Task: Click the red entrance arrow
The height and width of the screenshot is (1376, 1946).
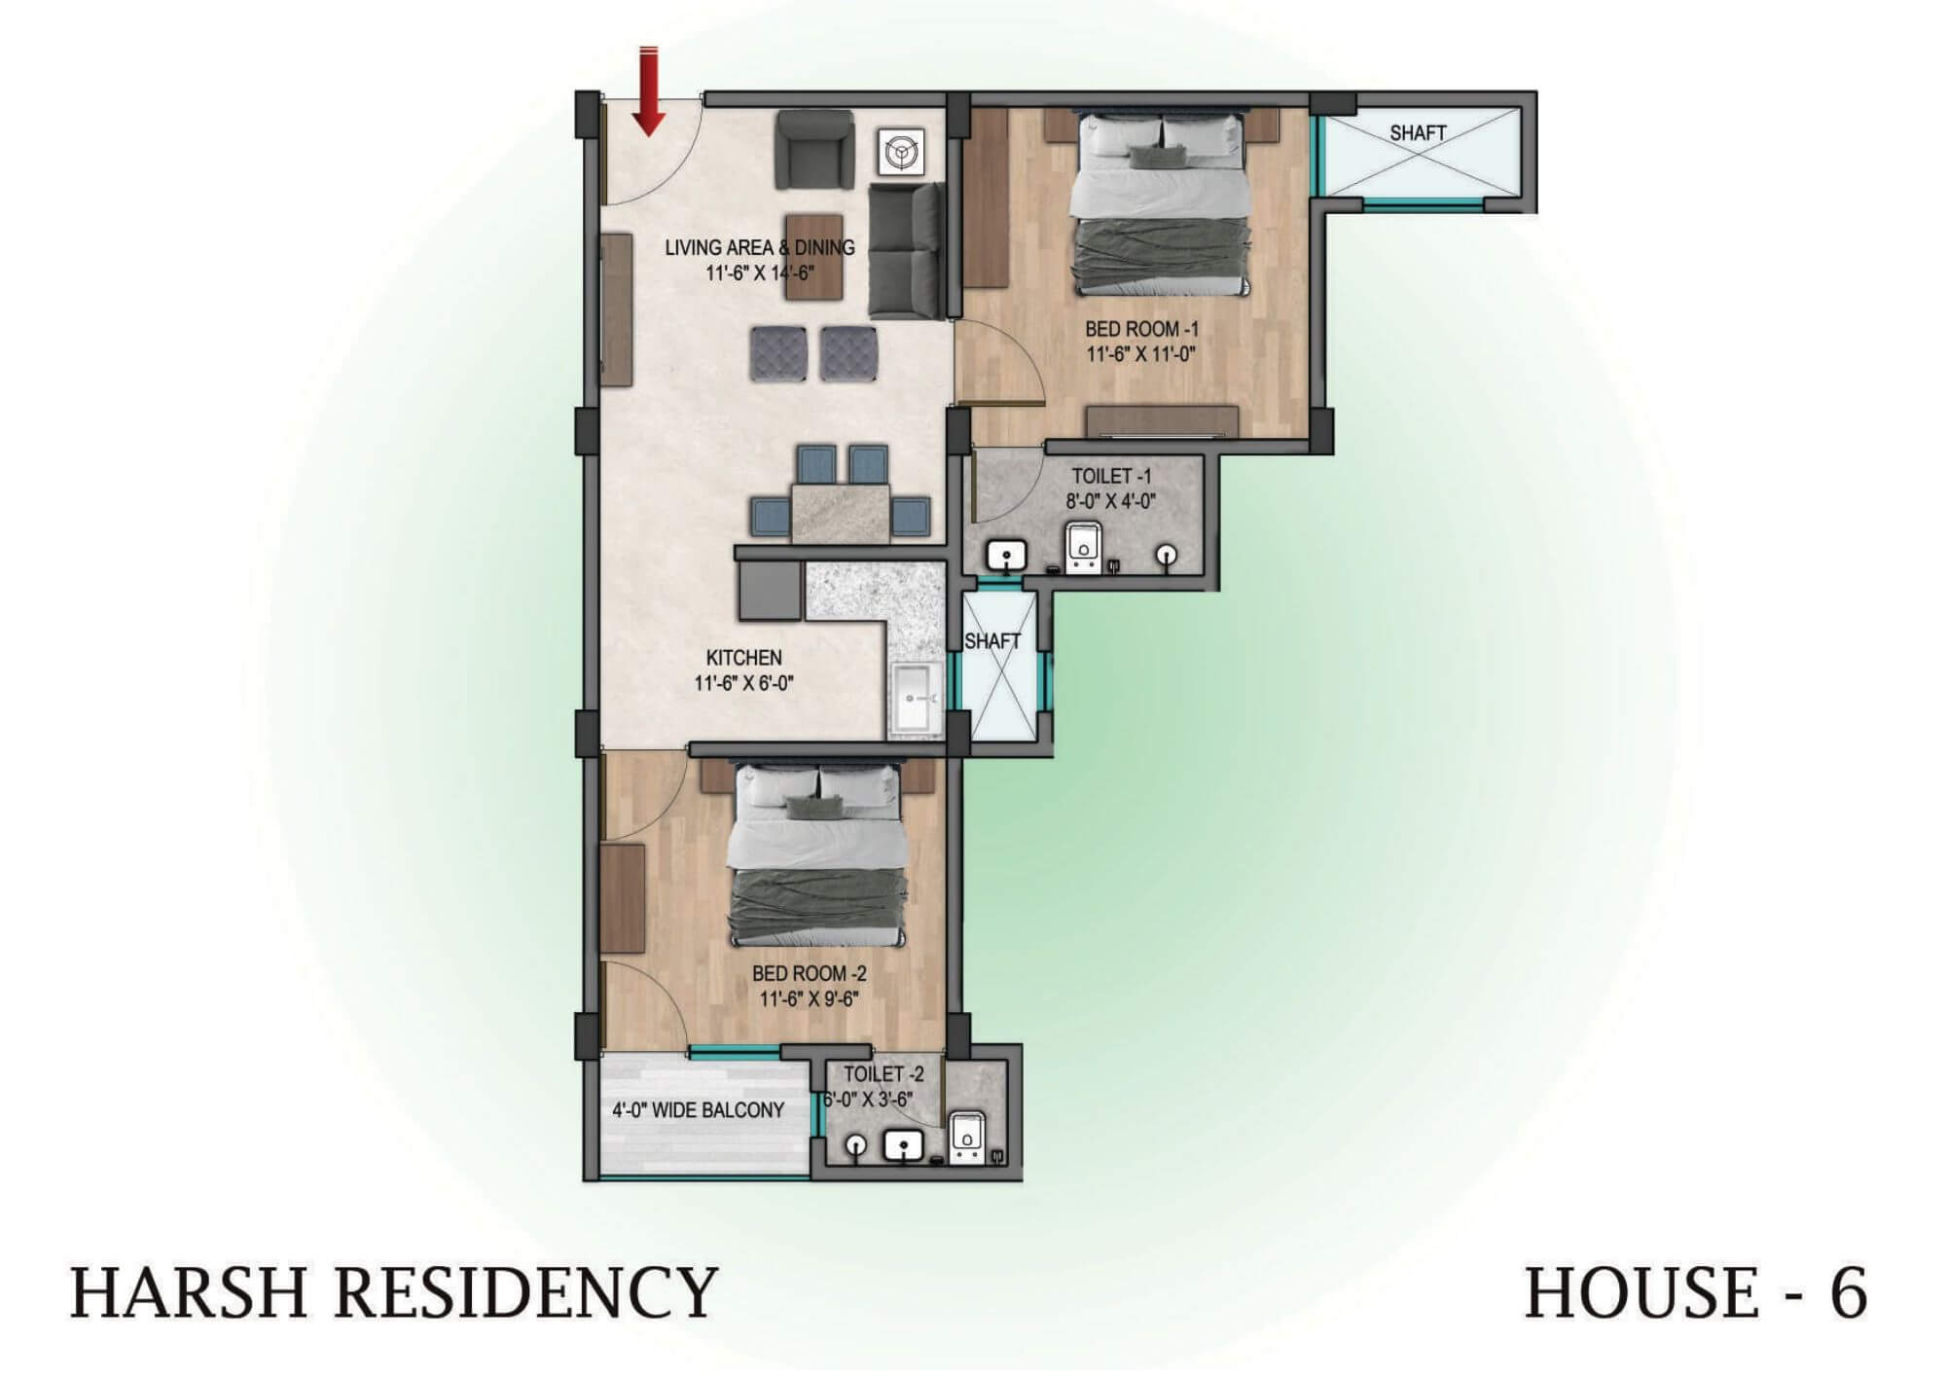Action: (649, 91)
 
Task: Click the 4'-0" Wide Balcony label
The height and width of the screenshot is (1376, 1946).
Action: (698, 1110)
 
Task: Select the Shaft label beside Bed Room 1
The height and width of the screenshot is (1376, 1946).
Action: (1418, 133)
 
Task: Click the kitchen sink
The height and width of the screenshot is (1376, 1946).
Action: (916, 699)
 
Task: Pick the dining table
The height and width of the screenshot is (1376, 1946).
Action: (841, 513)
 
